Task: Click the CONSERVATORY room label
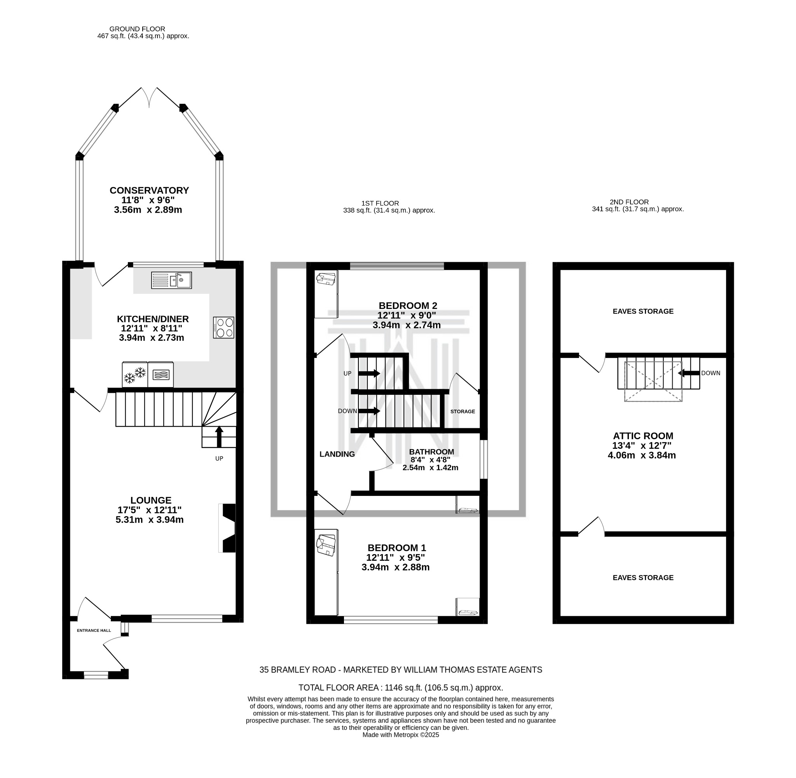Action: [149, 190]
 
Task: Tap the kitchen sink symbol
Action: [171, 280]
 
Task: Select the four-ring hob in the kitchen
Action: [223, 327]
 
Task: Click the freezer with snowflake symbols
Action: [135, 374]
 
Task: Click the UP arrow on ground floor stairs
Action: [219, 437]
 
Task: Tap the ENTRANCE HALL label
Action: [94, 630]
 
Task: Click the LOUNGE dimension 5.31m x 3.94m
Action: [150, 520]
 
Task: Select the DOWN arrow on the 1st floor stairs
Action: [370, 411]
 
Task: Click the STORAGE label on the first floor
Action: [463, 412]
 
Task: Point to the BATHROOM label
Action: [431, 452]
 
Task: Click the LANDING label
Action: [337, 454]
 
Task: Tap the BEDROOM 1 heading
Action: [396, 548]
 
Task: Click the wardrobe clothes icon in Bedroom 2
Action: [326, 279]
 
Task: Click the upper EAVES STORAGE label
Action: [643, 311]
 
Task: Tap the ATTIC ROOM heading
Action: [643, 436]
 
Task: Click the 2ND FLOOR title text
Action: [629, 202]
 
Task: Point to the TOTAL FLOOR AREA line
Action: [400, 688]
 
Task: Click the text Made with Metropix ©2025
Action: [400, 735]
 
